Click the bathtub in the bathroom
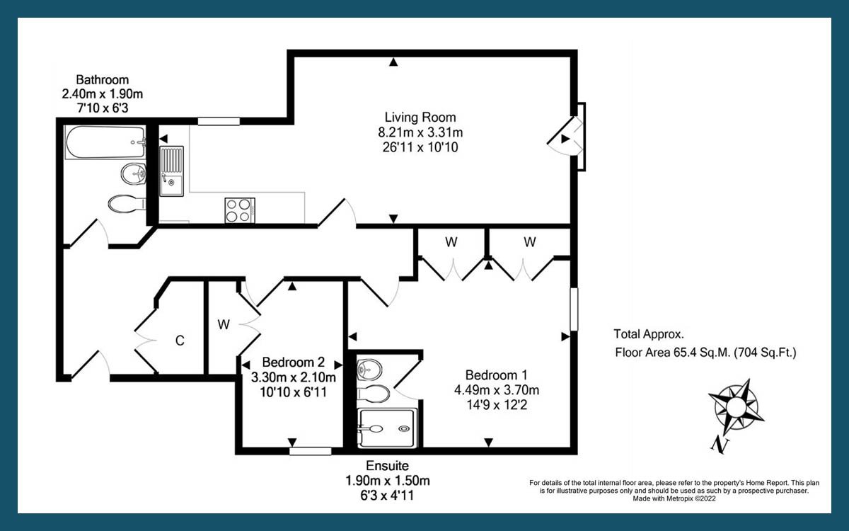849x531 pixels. pos(105,142)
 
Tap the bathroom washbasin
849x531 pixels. pos(134,174)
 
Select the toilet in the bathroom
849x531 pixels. pos(127,204)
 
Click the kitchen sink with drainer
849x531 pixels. pos(171,171)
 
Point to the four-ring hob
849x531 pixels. pos(240,210)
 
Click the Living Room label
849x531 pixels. pos(420,118)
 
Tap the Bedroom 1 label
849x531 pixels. pos(496,375)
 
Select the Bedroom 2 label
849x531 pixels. pos(293,362)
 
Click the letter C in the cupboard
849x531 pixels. pos(180,341)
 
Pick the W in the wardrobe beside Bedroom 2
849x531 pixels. pos(224,325)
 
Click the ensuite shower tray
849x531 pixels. pos(387,428)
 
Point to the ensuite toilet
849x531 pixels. pos(373,394)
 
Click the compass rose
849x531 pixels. pos(736,406)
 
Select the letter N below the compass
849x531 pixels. pos(720,446)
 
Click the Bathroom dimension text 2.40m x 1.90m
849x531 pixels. pos(103,94)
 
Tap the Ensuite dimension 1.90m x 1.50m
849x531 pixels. pos(388,481)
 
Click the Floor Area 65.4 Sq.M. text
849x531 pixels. pos(672,353)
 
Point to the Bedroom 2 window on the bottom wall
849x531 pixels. pos(311,451)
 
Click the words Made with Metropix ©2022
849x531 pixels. pos(674,498)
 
